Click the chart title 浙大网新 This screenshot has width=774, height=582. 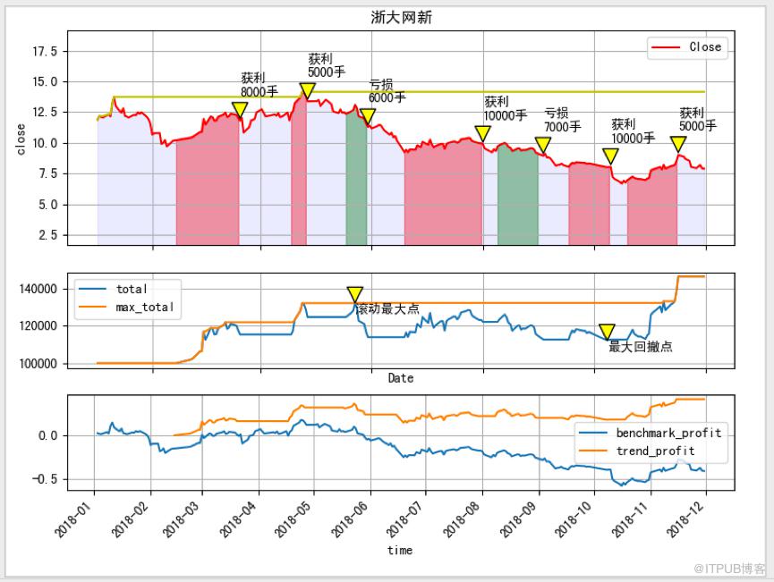coord(401,18)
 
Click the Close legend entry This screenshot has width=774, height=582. coord(686,47)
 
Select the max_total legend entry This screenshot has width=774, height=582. coord(126,308)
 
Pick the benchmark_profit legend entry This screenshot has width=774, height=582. coord(651,433)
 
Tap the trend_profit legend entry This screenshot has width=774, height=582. coord(637,451)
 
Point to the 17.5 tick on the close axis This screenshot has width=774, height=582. coord(45,51)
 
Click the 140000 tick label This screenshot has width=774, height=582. coord(38,289)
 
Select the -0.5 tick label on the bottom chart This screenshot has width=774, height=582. coord(45,479)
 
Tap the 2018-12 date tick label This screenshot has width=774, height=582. coord(685,518)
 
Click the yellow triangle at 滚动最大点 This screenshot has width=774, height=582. coord(355,294)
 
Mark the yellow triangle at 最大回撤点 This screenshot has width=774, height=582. coord(607,332)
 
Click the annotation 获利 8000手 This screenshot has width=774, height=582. coord(259,85)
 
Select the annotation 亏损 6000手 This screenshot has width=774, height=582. coord(387,91)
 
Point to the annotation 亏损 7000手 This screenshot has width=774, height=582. coord(562,120)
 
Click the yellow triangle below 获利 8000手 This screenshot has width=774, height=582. coord(240,110)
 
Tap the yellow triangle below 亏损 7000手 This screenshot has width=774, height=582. coord(542,145)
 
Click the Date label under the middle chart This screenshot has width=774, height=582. coord(400,378)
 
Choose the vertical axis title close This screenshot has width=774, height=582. coord(21,139)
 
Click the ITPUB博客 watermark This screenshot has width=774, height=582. coord(729,569)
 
